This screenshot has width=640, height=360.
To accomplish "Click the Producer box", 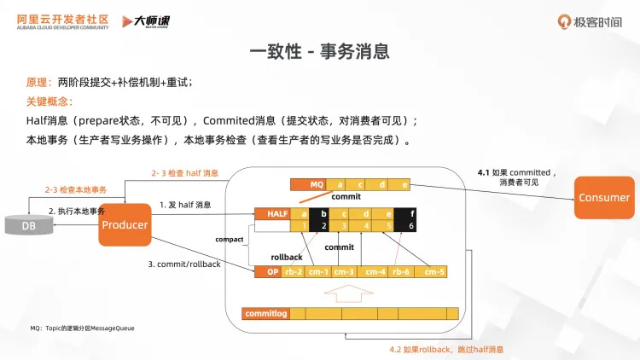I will [x=125, y=224].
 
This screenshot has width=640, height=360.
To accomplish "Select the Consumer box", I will [x=603, y=197].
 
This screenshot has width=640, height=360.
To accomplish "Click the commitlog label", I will [x=265, y=313].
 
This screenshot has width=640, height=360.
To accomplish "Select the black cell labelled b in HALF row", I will [x=323, y=213].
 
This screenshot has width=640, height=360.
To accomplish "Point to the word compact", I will [x=230, y=240].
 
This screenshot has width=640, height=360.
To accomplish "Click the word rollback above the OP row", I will [x=287, y=256].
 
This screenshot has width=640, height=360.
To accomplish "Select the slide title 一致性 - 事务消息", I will [x=319, y=51].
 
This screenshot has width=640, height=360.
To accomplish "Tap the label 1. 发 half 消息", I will [x=185, y=205].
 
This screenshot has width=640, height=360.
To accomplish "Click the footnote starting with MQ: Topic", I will [x=82, y=328].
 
